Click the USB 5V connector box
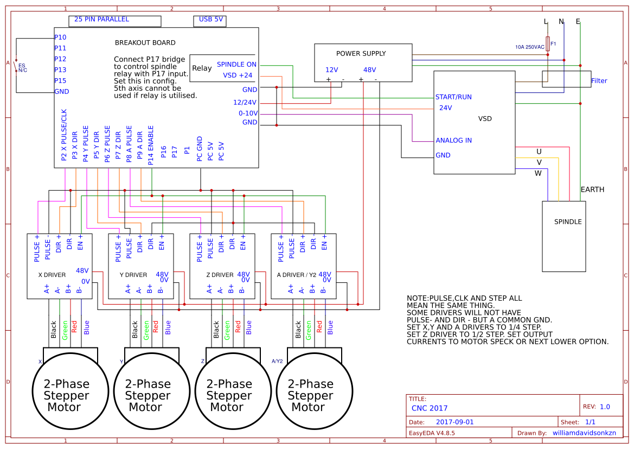coord(209,21)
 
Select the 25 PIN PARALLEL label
coord(101,19)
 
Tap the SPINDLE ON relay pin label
coord(236,64)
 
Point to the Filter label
coord(599,81)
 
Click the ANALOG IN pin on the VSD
coord(453,140)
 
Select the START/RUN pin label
coord(453,97)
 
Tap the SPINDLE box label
coord(567,222)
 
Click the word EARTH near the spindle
coord(592,189)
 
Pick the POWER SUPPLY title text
coord(361,53)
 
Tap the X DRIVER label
coord(52,275)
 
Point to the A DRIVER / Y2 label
coord(296,275)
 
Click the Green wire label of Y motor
coord(146,330)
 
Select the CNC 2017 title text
coord(430,408)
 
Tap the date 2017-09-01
coord(454,422)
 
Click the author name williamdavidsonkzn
coord(584,433)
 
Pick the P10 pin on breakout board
coord(60,37)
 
